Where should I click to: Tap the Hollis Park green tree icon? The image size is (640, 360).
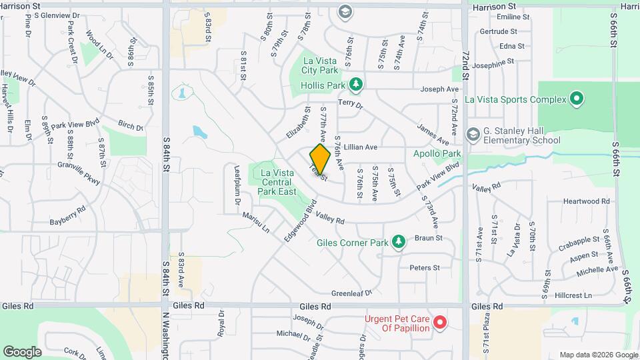[x=357, y=83]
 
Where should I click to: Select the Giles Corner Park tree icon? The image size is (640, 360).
[x=399, y=241]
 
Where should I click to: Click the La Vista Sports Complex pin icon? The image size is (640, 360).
[x=577, y=99]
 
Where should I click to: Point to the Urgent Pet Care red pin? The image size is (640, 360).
[x=439, y=323]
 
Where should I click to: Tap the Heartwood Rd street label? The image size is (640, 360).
[x=587, y=201]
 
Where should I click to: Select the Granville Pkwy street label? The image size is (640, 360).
[x=79, y=171]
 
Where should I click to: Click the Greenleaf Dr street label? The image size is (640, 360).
[x=351, y=293]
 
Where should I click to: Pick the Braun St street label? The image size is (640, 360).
[x=429, y=238]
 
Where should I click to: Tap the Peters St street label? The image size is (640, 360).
[x=425, y=267]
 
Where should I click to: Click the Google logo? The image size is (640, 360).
[x=23, y=351]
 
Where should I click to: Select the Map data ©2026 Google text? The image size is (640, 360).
[x=598, y=355]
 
